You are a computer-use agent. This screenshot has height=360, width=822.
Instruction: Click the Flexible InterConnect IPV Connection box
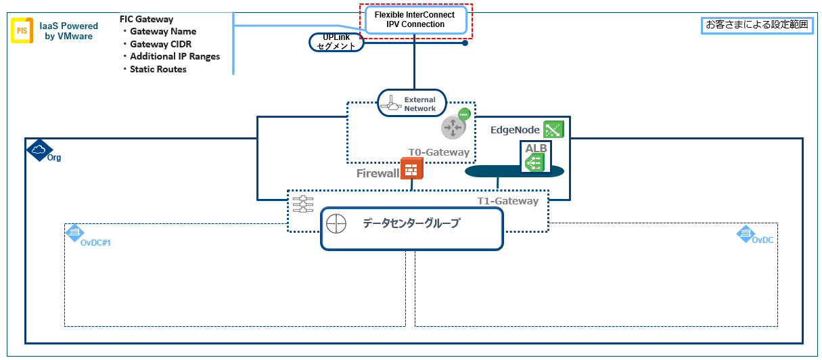(x=415, y=20)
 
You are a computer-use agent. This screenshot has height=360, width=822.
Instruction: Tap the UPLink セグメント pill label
(x=336, y=42)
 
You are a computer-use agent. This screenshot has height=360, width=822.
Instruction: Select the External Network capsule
(x=412, y=104)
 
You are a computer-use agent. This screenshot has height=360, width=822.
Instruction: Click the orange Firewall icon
(x=411, y=168)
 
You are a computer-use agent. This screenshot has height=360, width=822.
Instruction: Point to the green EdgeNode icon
(x=553, y=129)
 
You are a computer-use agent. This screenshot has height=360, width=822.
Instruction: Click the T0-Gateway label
(x=438, y=152)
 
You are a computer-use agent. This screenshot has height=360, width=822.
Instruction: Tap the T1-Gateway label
(x=508, y=201)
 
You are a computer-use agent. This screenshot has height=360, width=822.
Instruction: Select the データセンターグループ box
(x=411, y=228)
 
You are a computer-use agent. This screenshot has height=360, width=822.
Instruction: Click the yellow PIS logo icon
(x=22, y=30)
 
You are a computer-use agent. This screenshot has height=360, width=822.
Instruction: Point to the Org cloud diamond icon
(x=38, y=150)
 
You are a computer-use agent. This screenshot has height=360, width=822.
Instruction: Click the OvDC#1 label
(x=95, y=242)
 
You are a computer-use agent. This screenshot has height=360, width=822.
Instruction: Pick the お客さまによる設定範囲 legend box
(x=756, y=25)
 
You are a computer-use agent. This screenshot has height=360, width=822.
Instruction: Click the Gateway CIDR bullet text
(x=160, y=44)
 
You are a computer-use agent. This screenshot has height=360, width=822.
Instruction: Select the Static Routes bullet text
(x=158, y=69)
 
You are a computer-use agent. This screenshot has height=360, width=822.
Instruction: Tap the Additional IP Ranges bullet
(x=175, y=56)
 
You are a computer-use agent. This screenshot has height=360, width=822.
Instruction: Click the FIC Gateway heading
(x=146, y=19)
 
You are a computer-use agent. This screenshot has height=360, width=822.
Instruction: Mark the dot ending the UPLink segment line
(x=465, y=43)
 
